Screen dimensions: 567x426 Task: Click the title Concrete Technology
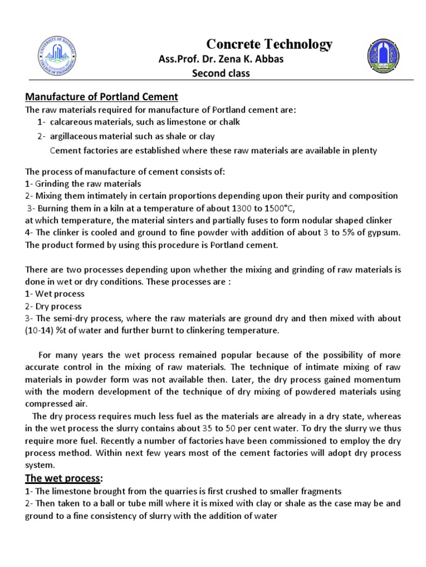(269, 44)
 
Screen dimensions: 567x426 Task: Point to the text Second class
(221, 74)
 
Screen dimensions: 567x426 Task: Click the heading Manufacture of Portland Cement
(102, 97)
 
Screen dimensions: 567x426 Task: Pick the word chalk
(229, 122)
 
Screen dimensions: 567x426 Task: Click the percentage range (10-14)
(40, 331)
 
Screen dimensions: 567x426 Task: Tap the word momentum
(379, 379)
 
